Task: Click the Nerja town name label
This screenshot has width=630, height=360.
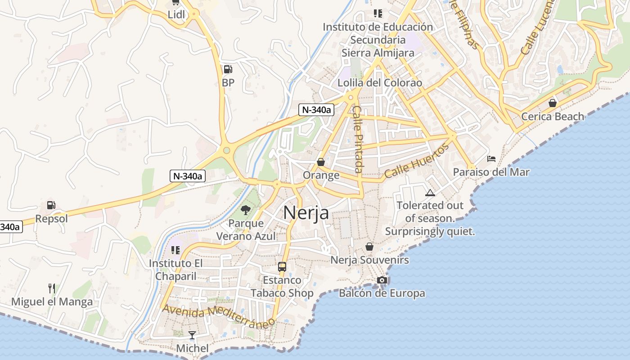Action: [306, 213]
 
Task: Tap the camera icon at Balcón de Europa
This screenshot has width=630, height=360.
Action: [382, 280]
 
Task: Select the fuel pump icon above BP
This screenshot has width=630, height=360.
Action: [228, 69]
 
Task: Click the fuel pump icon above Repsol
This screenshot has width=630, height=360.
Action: [51, 205]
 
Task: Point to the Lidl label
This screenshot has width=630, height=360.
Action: [176, 14]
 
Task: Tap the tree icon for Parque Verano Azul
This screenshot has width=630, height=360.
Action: [245, 210]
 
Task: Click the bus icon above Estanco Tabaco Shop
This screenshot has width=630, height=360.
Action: [282, 266]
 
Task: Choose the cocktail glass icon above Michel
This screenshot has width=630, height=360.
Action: [192, 335]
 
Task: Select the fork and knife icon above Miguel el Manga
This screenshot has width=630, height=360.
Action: [52, 288]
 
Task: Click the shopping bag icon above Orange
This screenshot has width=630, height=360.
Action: [321, 162]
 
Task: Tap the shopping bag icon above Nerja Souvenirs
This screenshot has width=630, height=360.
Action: [369, 247]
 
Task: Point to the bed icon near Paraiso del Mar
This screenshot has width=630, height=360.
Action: [491, 159]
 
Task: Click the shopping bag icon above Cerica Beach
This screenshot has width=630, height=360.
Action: [553, 103]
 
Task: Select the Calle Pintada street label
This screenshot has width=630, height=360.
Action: [358, 139]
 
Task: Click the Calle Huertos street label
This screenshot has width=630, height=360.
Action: [417, 161]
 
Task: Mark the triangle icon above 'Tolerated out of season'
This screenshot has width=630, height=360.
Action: [430, 193]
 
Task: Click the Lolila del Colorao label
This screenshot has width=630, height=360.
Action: [380, 83]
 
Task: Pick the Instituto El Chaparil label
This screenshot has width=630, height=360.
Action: [176, 270]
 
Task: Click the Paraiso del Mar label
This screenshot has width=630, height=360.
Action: [491, 172]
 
